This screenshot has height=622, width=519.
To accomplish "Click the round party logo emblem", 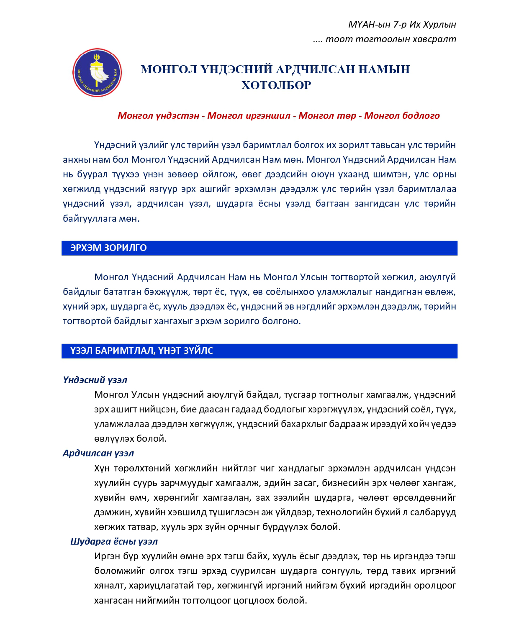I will click(x=97, y=72).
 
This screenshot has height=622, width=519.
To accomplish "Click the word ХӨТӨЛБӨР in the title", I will click(x=276, y=85).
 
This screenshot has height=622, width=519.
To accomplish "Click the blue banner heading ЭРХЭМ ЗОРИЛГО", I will click(x=108, y=248).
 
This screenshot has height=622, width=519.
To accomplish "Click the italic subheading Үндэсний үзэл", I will click(x=95, y=380).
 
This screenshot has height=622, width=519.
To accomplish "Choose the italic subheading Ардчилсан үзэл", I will click(x=98, y=453).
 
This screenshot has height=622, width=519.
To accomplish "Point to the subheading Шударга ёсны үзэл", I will click(x=114, y=541).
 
